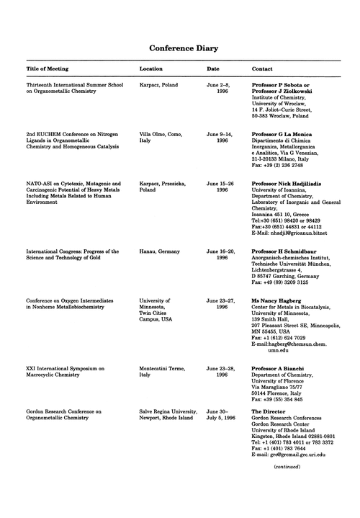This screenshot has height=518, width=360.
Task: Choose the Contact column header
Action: [263, 69]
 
